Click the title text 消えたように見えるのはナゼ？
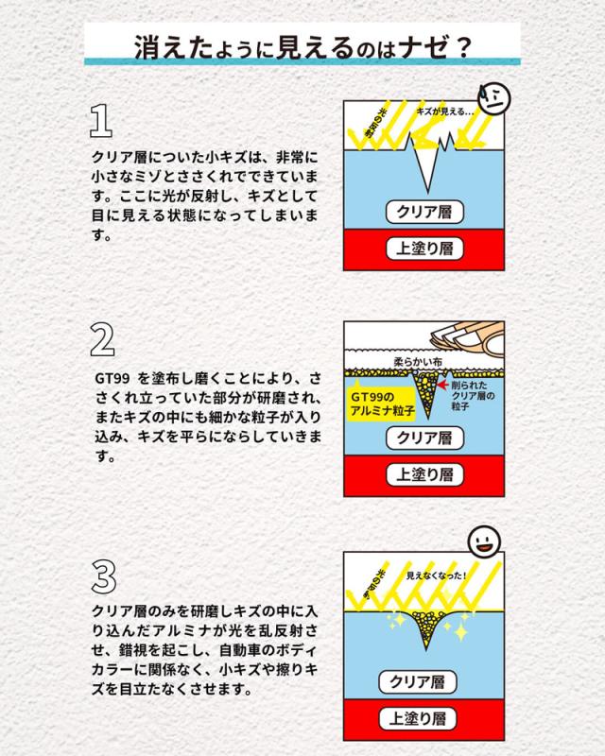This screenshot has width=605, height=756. click(x=302, y=46)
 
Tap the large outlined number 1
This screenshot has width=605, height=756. click(x=101, y=121)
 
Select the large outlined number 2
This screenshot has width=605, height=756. click(x=102, y=339)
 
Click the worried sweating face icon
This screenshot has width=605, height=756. click(x=493, y=98)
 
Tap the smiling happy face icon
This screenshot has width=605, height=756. click(x=484, y=541)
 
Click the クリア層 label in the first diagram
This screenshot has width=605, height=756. click(x=424, y=212)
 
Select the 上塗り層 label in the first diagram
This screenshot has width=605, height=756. click(x=424, y=249)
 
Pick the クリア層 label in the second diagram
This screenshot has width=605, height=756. click(x=424, y=438)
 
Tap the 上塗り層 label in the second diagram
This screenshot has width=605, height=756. click(x=424, y=475)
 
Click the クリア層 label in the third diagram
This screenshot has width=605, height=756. click(x=417, y=681)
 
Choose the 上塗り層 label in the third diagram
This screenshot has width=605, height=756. click(x=417, y=719)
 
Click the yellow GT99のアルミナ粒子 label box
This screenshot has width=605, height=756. click(x=382, y=404)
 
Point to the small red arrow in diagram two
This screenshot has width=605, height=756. click(x=443, y=385)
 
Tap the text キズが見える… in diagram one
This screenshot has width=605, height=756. click(x=445, y=112)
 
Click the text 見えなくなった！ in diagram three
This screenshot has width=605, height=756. click(x=437, y=576)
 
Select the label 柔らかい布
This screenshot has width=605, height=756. click(x=418, y=361)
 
